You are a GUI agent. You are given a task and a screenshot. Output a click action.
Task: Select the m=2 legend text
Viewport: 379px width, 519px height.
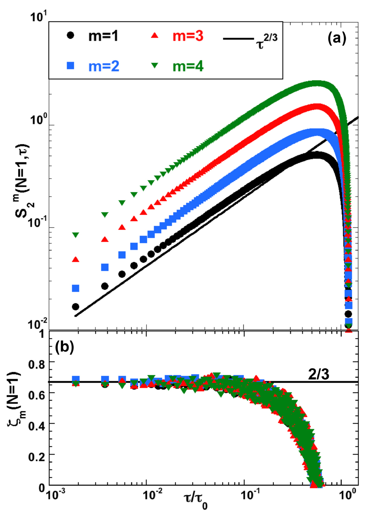(104, 66)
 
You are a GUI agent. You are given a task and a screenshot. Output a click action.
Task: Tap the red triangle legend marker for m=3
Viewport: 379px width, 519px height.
(154, 36)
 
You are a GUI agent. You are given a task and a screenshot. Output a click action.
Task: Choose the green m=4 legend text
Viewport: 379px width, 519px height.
(188, 66)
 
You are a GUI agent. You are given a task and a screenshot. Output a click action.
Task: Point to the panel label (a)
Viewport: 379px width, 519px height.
(337, 38)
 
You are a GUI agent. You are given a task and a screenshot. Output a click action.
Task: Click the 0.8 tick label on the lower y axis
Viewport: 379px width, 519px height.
(37, 364)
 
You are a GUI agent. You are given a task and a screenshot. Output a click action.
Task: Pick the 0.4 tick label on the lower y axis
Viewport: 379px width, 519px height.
(37, 426)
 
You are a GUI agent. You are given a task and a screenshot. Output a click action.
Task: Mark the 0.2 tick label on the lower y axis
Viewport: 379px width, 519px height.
(37, 457)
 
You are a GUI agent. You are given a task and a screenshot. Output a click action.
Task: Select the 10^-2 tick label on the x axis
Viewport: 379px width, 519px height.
(153, 495)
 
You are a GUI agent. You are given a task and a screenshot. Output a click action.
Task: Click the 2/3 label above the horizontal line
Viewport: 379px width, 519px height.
(318, 374)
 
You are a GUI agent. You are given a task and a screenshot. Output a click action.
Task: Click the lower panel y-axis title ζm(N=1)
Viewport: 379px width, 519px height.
(15, 400)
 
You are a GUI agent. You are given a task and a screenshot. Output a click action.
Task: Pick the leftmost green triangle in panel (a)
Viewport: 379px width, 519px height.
(76, 235)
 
